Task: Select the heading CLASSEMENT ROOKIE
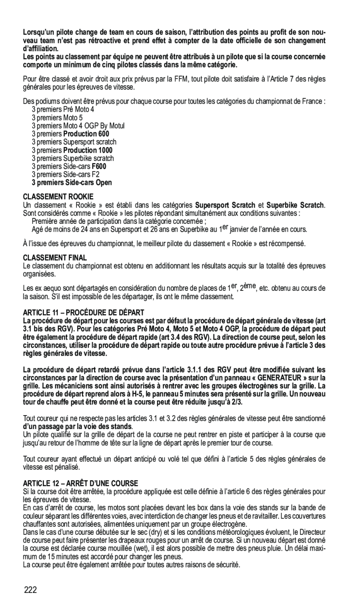58,197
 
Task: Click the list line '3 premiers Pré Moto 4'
63,109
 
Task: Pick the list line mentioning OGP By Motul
78,126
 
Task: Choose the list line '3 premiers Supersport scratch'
74,142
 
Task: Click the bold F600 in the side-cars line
99,167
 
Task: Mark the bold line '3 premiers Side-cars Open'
72,183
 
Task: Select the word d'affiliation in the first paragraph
41,48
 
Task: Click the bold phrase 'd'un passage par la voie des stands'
77,426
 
